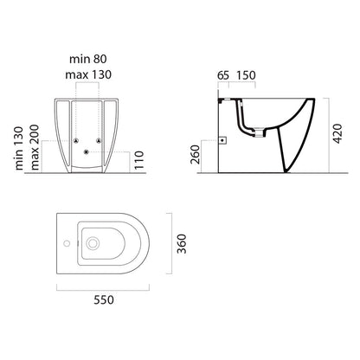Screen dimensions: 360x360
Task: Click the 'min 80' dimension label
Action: tap(88, 59)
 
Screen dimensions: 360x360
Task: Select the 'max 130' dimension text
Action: tap(88, 74)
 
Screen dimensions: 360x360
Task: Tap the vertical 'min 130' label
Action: tap(19, 148)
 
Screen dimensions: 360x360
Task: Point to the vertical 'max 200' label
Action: tap(35, 147)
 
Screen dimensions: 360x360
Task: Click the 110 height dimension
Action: tap(138, 160)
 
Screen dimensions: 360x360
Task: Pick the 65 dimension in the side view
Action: tap(223, 75)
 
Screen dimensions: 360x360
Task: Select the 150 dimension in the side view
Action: tap(246, 75)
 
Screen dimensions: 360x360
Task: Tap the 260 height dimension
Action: tap(195, 154)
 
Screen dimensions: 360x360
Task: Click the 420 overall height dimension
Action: tap(337, 133)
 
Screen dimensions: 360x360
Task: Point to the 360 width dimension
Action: tap(182, 244)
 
